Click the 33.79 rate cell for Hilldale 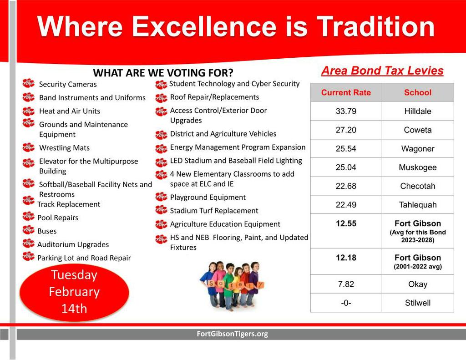click(x=346, y=111)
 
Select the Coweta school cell click(x=417, y=130)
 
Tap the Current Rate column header click(x=346, y=92)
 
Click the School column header click(x=417, y=92)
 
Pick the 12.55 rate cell click(x=346, y=223)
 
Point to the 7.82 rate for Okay click(x=346, y=284)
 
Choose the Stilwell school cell click(x=417, y=303)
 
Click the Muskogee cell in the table click(x=417, y=167)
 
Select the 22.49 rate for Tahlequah click(x=346, y=205)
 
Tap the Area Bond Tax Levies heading click(x=382, y=71)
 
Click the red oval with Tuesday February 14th click(x=74, y=292)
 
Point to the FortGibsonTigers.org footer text click(x=232, y=334)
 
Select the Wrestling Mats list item click(x=64, y=148)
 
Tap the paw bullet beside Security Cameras click(x=28, y=83)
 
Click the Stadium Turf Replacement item click(x=214, y=211)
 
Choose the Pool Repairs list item click(x=58, y=218)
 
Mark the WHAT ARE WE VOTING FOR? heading click(x=163, y=73)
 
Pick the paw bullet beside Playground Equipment click(x=161, y=197)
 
